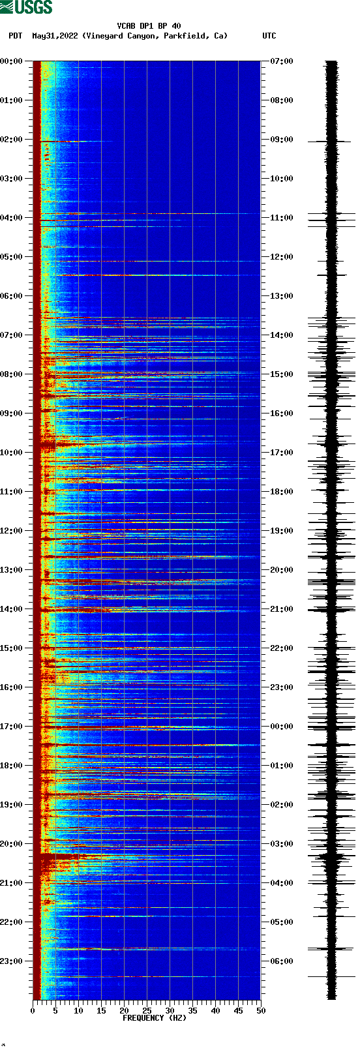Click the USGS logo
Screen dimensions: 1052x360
point(26,7)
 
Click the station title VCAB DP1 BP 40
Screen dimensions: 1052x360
point(149,26)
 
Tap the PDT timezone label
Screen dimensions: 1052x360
point(15,36)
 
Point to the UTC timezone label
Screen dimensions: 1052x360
point(269,36)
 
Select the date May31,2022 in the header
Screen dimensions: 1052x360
point(55,36)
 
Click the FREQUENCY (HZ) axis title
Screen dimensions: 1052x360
point(155,1017)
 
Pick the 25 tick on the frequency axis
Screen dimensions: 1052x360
point(147,1011)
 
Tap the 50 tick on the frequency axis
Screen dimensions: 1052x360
point(261,1011)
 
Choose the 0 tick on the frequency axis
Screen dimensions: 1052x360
point(33,1011)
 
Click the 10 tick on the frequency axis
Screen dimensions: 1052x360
point(78,1011)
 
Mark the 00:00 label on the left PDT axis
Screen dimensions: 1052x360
point(12,61)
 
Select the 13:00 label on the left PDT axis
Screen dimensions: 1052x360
point(12,570)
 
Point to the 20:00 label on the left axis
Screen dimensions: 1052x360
point(12,844)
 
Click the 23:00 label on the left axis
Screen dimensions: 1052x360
point(12,961)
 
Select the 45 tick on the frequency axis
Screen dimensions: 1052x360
point(238,1011)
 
